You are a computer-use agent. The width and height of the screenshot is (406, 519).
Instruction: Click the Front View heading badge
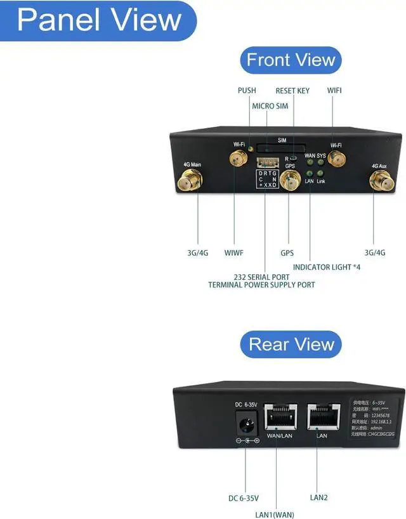291,61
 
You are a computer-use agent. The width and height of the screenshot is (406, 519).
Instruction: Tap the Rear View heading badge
291,345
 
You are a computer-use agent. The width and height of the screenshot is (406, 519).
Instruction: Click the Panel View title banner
98,20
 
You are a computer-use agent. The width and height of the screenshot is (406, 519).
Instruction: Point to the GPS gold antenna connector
290,183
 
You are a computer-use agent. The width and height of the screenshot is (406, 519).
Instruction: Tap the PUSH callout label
247,91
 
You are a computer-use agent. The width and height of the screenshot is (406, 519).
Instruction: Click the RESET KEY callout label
292,91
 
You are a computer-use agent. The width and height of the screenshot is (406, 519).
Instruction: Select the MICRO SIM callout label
270,105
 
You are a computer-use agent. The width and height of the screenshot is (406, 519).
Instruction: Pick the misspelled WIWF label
234,253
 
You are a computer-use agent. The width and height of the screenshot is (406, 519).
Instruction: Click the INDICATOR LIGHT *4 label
326,267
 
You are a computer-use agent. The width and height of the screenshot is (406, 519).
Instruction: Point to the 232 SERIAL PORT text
261,277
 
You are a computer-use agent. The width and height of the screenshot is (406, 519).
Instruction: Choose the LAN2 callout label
318,497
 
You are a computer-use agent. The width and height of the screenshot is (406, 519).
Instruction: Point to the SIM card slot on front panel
282,146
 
